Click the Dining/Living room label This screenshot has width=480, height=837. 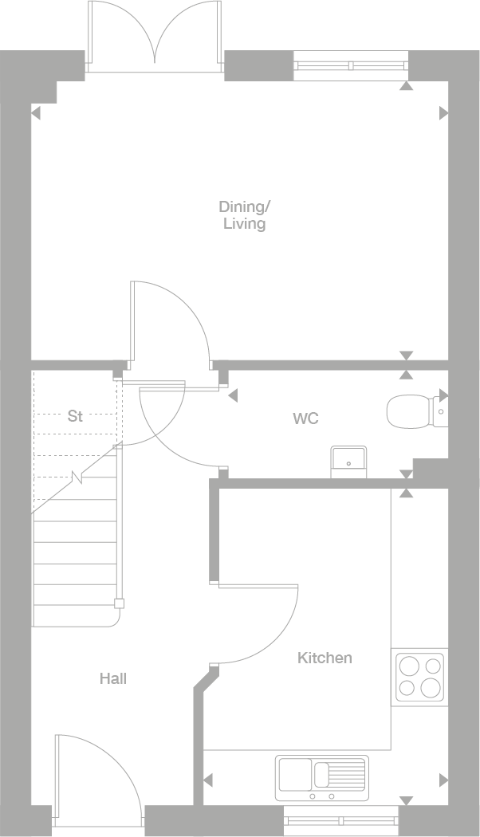click(245, 215)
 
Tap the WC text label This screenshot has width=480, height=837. click(305, 418)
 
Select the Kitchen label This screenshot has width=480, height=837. click(325, 658)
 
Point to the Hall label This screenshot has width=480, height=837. click(113, 678)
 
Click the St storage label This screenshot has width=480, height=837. click(75, 416)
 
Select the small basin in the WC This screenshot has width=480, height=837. click(348, 461)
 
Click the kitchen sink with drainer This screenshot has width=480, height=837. click(322, 777)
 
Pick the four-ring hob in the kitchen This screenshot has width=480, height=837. click(420, 676)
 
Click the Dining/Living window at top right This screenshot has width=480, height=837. click(352, 66)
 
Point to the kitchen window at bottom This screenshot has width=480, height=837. click(341, 820)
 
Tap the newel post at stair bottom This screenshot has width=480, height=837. click(119, 603)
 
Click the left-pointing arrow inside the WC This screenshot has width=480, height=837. click(233, 395)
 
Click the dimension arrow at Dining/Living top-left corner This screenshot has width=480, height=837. click(34, 113)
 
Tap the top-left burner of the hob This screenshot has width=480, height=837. click(408, 666)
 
